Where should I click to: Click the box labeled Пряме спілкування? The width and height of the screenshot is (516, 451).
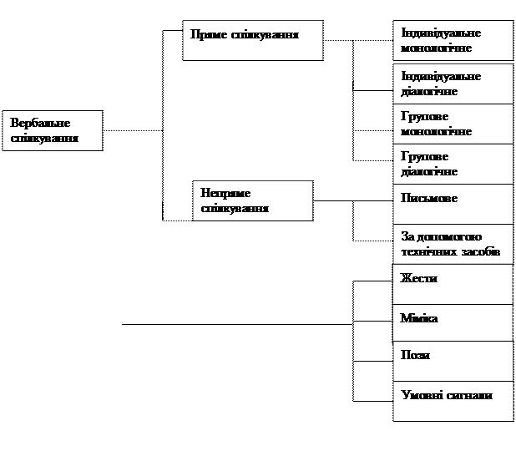pos(252,41)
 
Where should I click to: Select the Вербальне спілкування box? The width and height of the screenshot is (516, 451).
pos(52,131)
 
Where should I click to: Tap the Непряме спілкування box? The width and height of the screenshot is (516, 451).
pos(252,200)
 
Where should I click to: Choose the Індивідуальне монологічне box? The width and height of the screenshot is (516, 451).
pos(453,41)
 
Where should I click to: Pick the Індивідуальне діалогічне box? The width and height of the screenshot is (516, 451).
pos(453,84)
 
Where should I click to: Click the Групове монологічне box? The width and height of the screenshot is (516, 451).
pos(453,124)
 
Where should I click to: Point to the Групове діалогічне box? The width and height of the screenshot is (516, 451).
pos(453,164)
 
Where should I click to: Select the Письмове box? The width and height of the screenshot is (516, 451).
pos(453,203)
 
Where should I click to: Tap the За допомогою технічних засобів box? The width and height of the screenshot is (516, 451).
pos(453,244)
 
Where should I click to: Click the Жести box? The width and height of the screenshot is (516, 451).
pos(453,284)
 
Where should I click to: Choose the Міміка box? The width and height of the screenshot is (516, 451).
pos(453,322)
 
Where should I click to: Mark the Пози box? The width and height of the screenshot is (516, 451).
pos(453,361)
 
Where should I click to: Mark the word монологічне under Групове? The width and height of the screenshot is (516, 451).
pos(437,131)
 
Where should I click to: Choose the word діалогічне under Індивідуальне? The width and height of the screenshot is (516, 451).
pos(429,90)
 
